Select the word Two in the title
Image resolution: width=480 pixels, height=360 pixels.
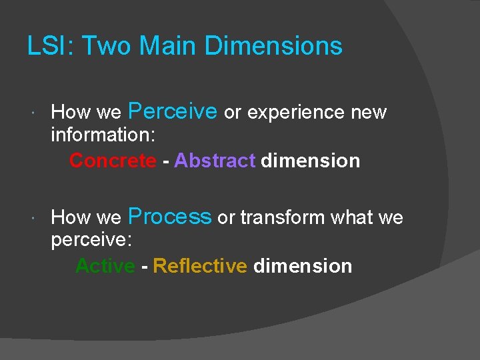coord(99,46)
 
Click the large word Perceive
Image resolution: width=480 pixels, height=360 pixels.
coord(172,111)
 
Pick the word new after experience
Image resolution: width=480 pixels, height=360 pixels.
coord(369,112)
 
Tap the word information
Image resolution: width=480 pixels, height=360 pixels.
coord(103,136)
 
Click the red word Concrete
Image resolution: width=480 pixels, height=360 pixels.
coord(113,161)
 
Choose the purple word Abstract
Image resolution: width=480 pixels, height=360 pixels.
coord(215,161)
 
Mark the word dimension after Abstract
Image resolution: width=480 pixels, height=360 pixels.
coord(311,161)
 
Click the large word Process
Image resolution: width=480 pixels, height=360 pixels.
coord(169,217)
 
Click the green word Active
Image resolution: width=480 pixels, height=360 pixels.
coord(105,266)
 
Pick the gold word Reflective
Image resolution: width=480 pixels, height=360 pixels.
coord(200,266)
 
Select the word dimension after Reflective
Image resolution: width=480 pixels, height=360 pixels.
coord(303,266)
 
